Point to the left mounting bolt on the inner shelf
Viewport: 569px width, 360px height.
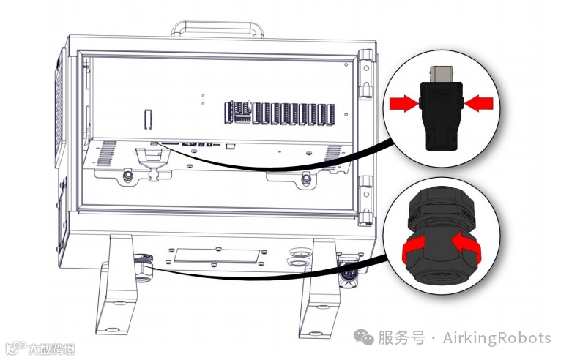coord(128,176)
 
